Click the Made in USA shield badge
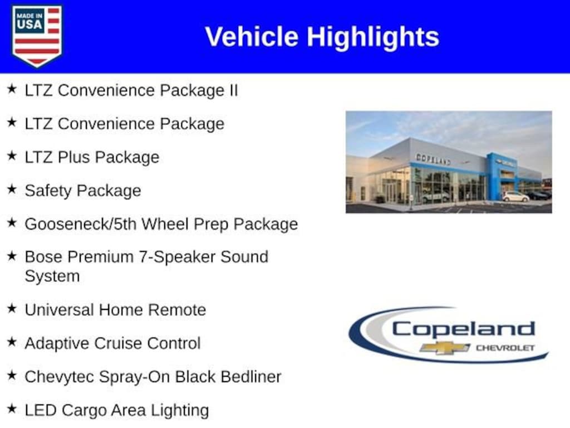click(37, 36)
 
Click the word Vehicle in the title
click(252, 36)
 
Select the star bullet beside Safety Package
click(12, 189)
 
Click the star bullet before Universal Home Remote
click(12, 308)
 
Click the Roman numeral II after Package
click(233, 90)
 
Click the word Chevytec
click(60, 377)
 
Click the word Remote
click(177, 310)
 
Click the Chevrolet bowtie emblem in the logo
click(445, 348)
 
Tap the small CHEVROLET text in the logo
click(505, 348)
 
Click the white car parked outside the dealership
click(515, 197)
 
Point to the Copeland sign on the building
click(433, 159)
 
